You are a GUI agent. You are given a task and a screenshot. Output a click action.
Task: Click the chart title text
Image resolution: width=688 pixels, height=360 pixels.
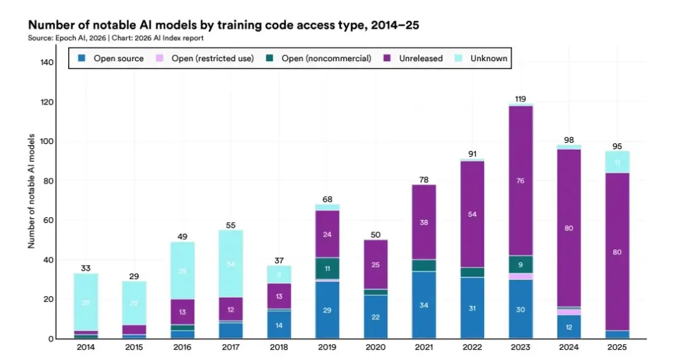tap(223, 26)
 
